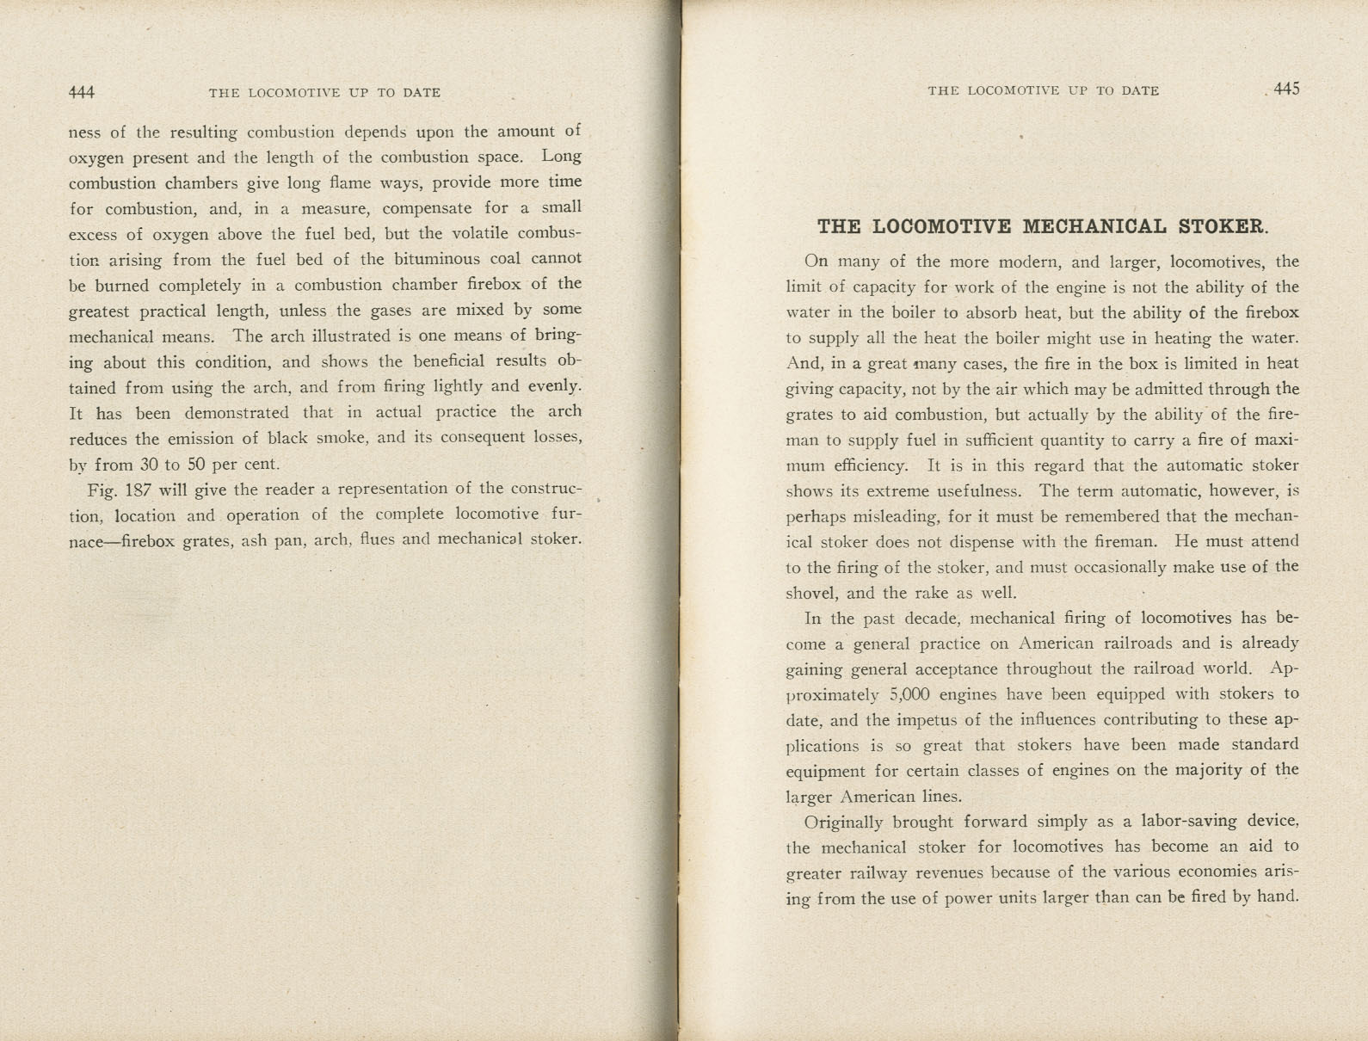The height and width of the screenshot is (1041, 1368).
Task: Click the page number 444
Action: pyautogui.click(x=82, y=92)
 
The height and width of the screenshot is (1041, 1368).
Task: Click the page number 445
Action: pyautogui.click(x=1286, y=89)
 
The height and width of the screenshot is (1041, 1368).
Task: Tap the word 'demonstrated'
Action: pyautogui.click(x=237, y=413)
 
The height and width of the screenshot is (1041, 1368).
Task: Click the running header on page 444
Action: pyautogui.click(x=324, y=92)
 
